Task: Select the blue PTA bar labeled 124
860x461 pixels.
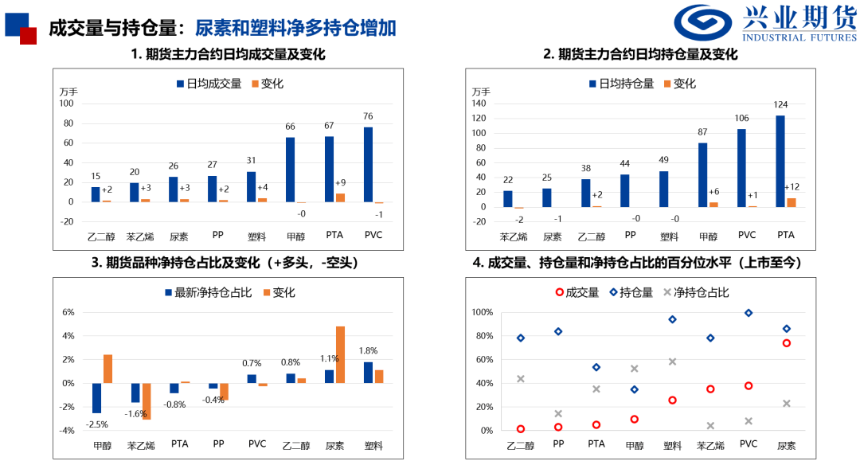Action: pos(780,161)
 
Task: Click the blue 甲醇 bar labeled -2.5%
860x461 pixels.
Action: pos(97,397)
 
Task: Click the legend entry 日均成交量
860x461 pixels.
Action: pos(208,84)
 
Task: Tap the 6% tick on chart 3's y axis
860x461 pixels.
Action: pos(69,312)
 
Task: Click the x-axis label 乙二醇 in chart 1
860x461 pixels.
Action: pos(101,236)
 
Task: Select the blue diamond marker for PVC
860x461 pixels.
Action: pos(748,313)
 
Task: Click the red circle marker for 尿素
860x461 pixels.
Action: pos(786,343)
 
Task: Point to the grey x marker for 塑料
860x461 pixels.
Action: pos(673,361)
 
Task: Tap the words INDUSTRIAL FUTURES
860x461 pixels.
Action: pos(799,37)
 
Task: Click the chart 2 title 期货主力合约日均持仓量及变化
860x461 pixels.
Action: pos(647,54)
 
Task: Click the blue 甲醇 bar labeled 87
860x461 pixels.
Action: pos(702,174)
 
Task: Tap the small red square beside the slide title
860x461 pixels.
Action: pos(28,35)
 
